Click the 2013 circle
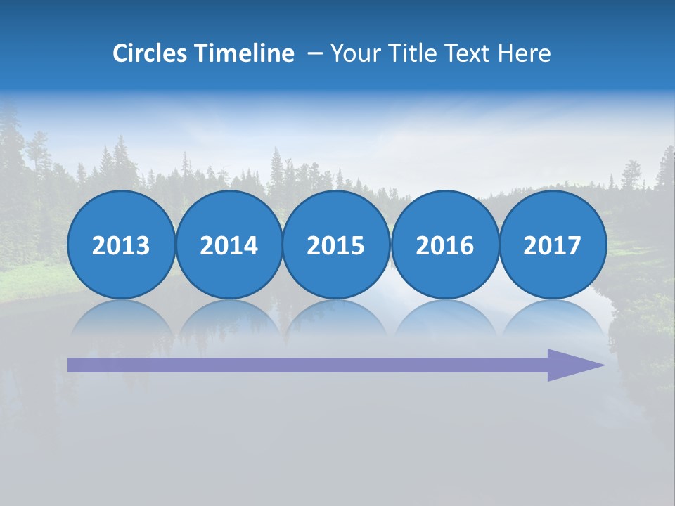(x=121, y=245)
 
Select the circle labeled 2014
(x=229, y=245)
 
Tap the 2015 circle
(x=336, y=245)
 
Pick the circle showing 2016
(x=444, y=245)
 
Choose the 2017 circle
(x=552, y=245)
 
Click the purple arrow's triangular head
(x=573, y=365)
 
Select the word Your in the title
(x=352, y=53)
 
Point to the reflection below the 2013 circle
(x=121, y=320)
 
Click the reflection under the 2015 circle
(x=336, y=320)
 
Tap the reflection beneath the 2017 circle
(x=552, y=320)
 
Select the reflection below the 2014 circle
(x=229, y=320)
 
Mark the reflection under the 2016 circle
(x=444, y=320)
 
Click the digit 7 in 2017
(x=574, y=245)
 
